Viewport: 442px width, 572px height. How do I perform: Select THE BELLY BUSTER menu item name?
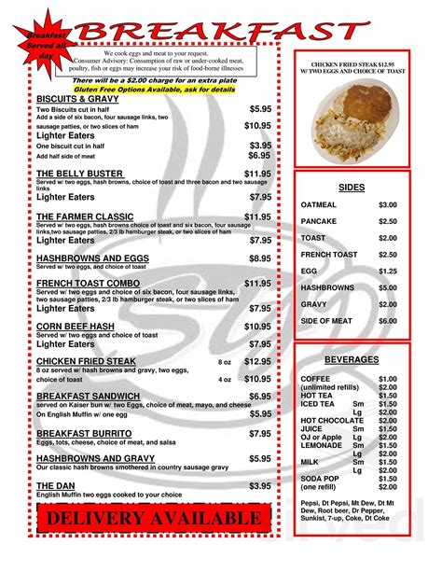coord(79,174)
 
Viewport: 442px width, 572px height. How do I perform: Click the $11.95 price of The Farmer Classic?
coord(257,216)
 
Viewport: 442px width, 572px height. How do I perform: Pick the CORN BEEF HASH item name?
coord(76,327)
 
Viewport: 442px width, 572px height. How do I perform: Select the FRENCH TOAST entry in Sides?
coord(329,254)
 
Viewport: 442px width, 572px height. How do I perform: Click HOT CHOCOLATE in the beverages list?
coord(332,422)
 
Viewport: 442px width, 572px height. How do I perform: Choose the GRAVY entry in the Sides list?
coord(314,304)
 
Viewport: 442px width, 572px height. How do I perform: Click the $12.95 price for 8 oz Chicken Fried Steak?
coord(257,361)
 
